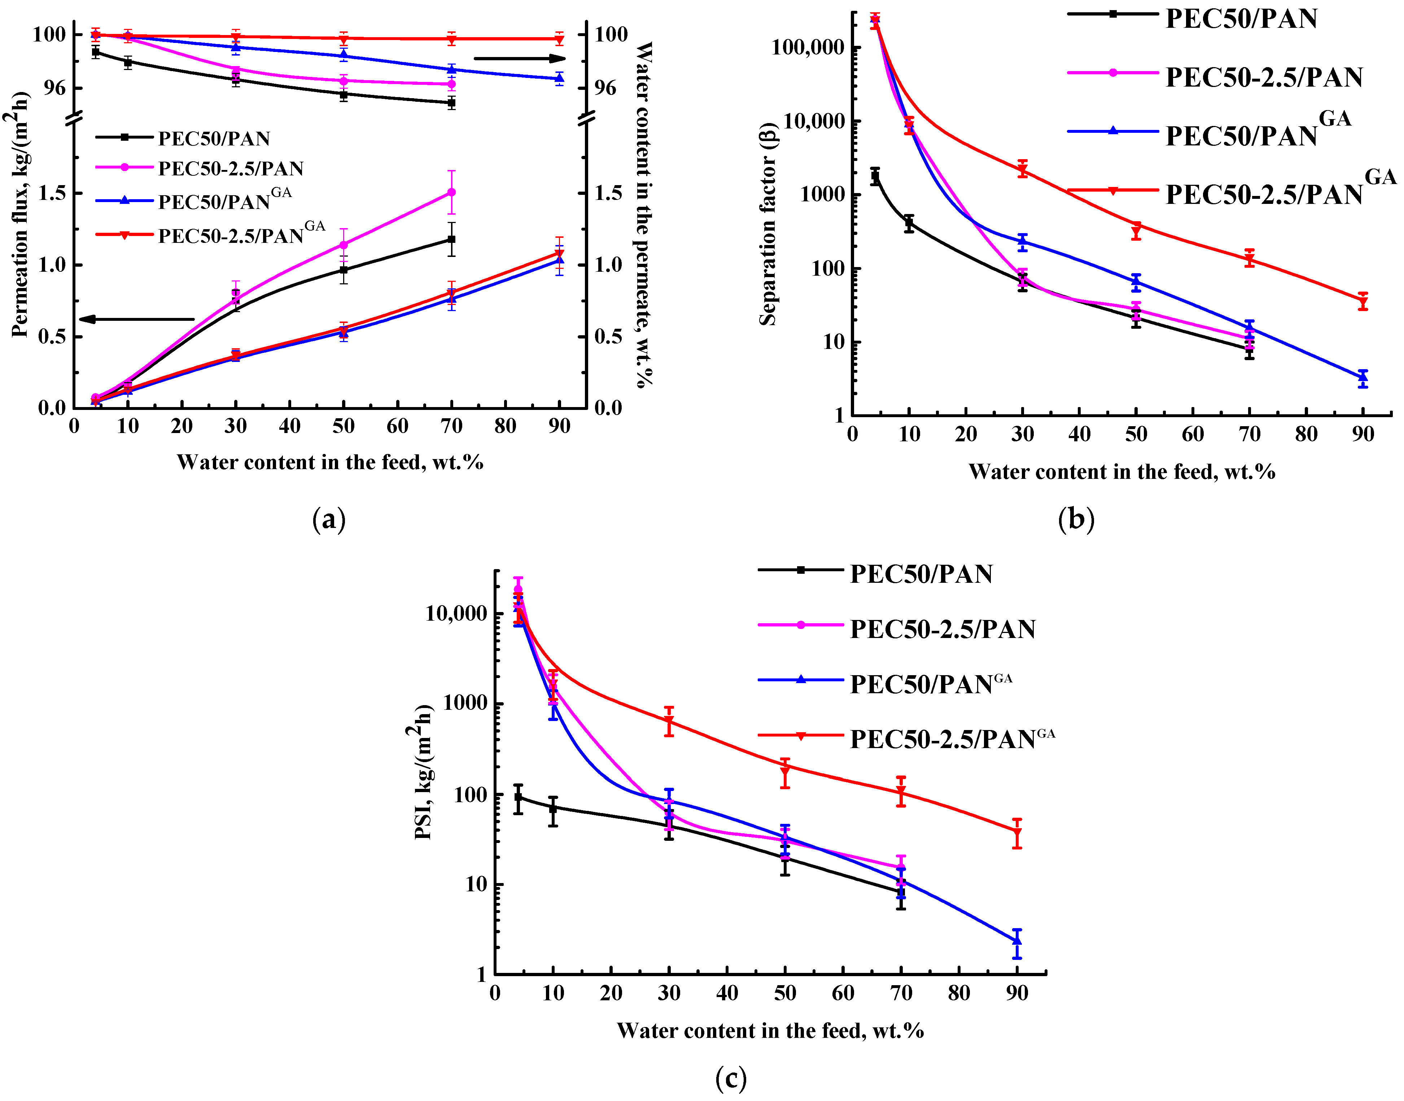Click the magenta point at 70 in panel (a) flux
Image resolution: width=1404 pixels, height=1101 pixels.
click(x=451, y=192)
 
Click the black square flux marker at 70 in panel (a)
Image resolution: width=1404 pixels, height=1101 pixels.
click(x=451, y=239)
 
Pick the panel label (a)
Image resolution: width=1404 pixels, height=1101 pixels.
click(x=329, y=519)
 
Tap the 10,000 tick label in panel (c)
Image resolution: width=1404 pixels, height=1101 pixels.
click(x=456, y=614)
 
